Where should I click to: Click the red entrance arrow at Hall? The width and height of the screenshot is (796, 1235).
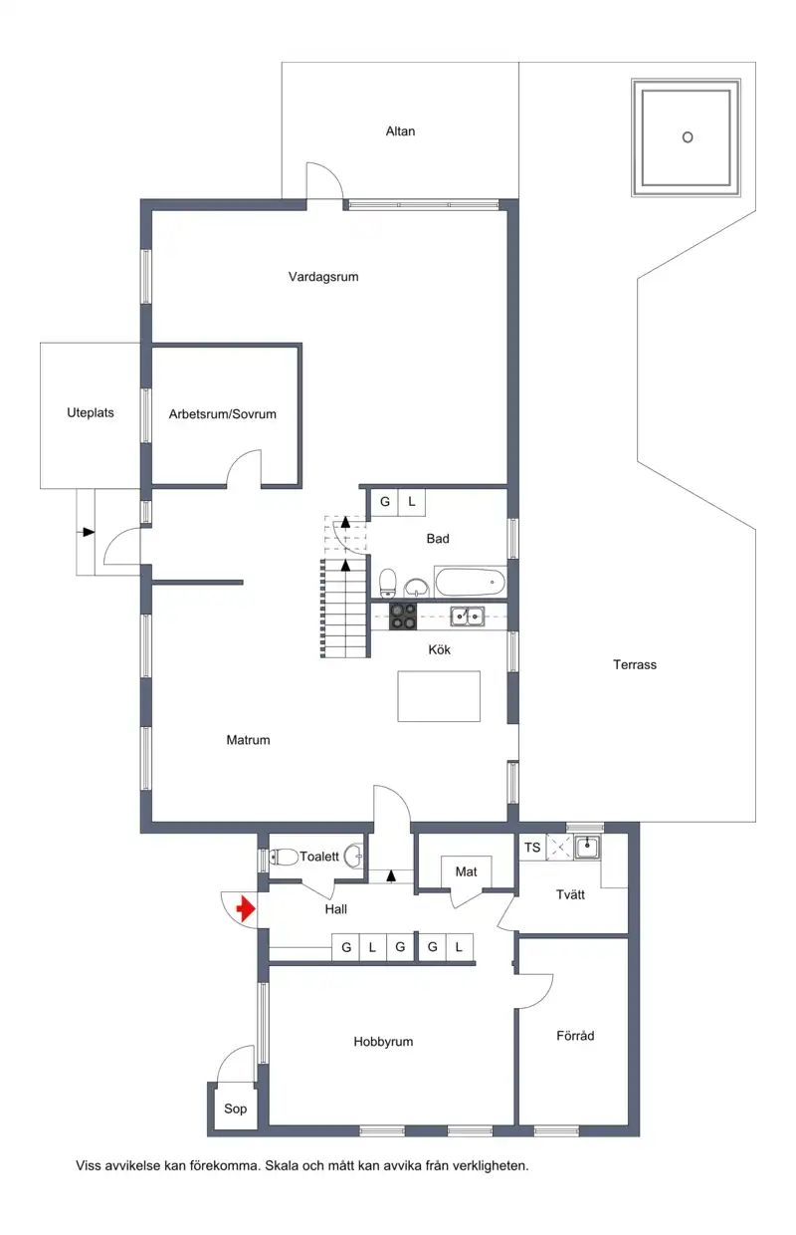(x=247, y=909)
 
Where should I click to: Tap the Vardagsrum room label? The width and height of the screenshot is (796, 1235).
(x=323, y=277)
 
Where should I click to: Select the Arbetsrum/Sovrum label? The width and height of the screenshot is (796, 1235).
(x=223, y=414)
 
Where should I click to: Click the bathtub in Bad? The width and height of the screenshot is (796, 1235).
(x=470, y=583)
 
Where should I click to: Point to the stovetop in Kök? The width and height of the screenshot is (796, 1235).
(x=403, y=616)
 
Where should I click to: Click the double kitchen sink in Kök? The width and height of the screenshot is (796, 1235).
(x=468, y=616)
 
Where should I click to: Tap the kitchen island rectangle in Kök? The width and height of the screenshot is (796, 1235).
(x=439, y=696)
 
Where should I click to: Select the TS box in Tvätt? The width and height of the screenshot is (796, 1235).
(x=532, y=848)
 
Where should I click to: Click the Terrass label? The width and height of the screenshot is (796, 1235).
(x=635, y=665)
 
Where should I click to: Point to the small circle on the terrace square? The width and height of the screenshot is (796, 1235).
(x=688, y=137)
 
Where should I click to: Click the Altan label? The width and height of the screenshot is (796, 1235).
(x=400, y=131)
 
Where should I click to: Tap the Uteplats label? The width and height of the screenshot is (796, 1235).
(x=91, y=413)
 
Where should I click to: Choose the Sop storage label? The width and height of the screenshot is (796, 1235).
(x=235, y=1109)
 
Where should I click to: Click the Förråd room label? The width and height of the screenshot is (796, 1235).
(x=575, y=1036)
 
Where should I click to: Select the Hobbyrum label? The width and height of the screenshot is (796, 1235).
(x=383, y=1042)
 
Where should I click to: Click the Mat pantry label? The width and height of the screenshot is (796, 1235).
(x=466, y=871)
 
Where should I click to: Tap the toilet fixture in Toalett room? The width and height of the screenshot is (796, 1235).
(x=284, y=857)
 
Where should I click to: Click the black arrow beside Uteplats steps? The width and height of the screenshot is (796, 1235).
(x=89, y=532)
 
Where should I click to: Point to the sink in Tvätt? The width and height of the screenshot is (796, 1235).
(x=588, y=847)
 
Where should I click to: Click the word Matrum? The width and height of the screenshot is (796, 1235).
(x=249, y=740)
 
